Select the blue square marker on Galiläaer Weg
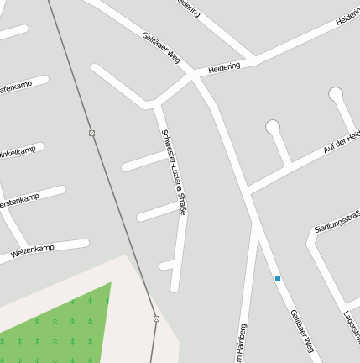[278, 277]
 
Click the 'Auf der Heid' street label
[342, 143]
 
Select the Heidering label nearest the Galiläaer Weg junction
[224, 66]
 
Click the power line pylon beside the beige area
[156, 318]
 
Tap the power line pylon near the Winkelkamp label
[91, 134]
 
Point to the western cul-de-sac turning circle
[272, 128]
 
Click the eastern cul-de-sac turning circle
[336, 93]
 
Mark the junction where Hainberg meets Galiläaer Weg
[252, 220]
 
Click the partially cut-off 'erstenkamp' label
[18, 201]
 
